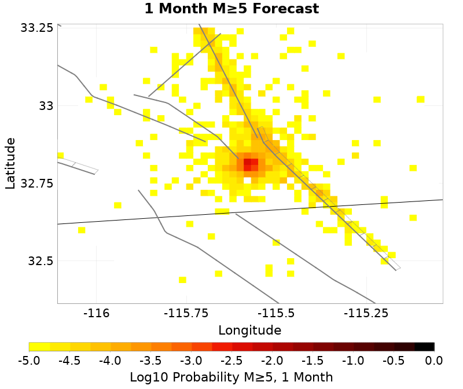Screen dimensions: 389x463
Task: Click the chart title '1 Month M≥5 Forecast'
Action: coord(231,9)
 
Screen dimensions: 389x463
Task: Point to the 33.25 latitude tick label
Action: coord(36,28)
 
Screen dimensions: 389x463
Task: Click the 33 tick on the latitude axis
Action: coord(45,106)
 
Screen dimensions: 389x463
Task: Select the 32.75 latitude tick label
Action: coord(36,184)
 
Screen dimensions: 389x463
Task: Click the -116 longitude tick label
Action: coord(95,314)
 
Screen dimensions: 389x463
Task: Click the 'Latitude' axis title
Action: coord(10,163)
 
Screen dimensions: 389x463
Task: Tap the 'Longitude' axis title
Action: coord(250,331)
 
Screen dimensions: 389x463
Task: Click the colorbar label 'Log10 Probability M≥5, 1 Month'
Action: coord(231,377)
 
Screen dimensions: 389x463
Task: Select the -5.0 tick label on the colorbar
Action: coord(29,361)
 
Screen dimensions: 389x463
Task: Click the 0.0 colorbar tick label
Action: coord(434,361)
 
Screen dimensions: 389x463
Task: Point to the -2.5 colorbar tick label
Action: coord(231,361)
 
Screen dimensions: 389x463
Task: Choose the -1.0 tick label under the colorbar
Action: coord(353,361)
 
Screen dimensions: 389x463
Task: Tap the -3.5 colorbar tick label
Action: coord(150,361)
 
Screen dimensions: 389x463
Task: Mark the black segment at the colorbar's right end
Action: coord(424,347)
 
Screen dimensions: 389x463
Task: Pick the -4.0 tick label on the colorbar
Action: coord(110,361)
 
